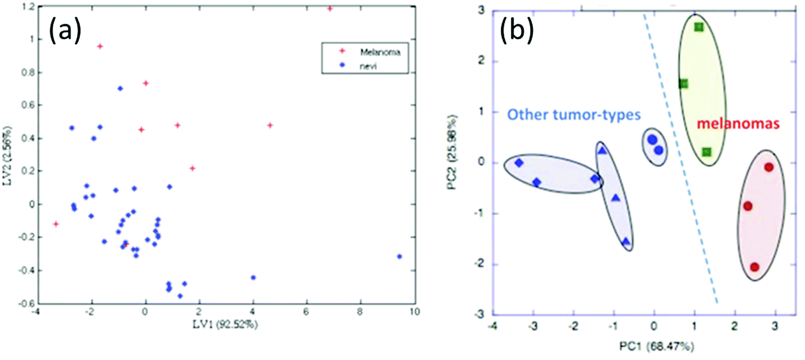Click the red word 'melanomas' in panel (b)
(738, 124)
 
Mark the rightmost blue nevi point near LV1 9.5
(399, 257)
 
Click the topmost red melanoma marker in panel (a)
(329, 9)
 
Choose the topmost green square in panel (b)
(699, 27)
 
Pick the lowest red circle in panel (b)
(755, 267)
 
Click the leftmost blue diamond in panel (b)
(518, 163)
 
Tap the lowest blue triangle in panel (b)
(626, 242)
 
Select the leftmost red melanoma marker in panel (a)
(56, 224)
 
